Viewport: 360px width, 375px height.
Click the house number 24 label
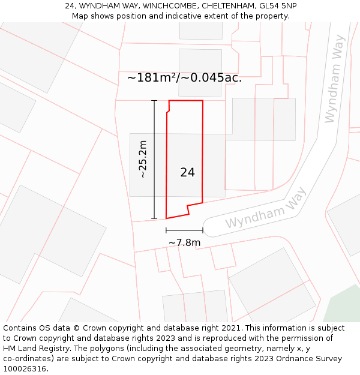187,173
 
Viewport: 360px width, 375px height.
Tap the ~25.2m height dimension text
143,160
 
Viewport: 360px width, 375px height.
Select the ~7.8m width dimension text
184,242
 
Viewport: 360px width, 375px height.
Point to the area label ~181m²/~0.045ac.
184,78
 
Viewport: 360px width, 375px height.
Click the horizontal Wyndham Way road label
265,208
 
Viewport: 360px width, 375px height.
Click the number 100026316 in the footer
24,369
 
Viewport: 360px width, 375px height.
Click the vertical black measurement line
154,160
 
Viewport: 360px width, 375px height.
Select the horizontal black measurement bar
184,230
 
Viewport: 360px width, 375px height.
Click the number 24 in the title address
70,5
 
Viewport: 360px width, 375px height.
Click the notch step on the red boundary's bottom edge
189,208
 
